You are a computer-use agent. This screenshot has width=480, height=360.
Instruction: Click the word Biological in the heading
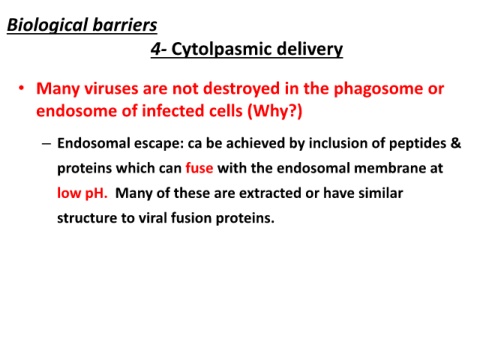pos(47,26)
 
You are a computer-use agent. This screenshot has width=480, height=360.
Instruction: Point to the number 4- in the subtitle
pos(159,49)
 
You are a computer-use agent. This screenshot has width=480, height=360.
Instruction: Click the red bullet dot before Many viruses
pos(22,88)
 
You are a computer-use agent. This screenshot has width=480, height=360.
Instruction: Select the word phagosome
pos(376,89)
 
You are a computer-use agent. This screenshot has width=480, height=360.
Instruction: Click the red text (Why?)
pos(275,111)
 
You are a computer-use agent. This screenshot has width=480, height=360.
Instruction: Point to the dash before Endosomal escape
pos(47,144)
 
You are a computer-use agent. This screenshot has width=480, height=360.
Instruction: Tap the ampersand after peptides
pos(456,143)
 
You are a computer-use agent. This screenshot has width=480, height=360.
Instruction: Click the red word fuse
pos(199,168)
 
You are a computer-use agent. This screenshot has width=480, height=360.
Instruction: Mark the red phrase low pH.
pos(82,193)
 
